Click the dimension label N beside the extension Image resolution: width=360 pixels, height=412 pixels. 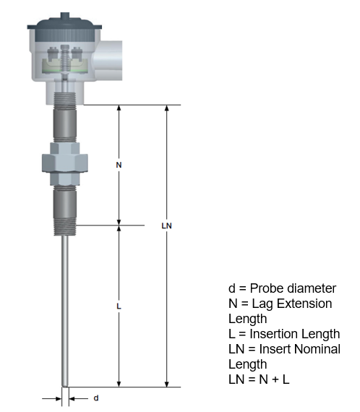pos(119,165)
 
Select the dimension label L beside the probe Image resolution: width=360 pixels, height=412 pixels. pos(119,306)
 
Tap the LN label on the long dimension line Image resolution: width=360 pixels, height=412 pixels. pos(167,226)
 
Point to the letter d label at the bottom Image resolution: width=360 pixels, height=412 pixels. pos(96,398)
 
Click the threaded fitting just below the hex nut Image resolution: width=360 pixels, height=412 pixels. pos(65,205)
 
